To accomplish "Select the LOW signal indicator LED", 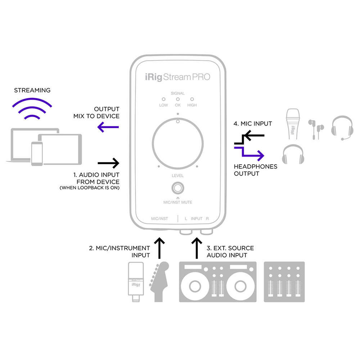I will (x=163, y=99).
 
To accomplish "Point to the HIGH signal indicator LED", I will (x=192, y=99).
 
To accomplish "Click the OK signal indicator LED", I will (x=177, y=99).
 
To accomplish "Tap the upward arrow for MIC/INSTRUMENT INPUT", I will (x=158, y=248).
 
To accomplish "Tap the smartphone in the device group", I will (x=37, y=153).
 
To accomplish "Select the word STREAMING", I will (x=32, y=90).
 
